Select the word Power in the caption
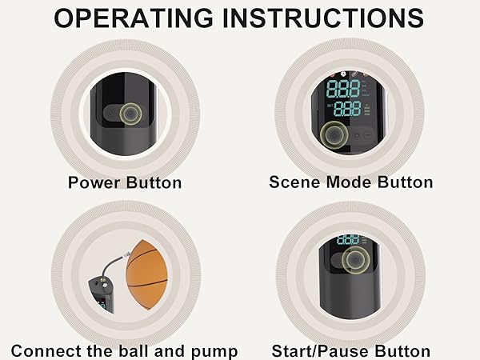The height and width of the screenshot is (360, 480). click(94, 182)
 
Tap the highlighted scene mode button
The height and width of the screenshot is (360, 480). click(330, 134)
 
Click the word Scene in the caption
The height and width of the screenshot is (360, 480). click(292, 182)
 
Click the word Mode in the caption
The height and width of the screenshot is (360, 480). click(344, 182)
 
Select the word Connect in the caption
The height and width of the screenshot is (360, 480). click(44, 351)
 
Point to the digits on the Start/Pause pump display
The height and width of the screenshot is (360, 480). click(348, 240)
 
